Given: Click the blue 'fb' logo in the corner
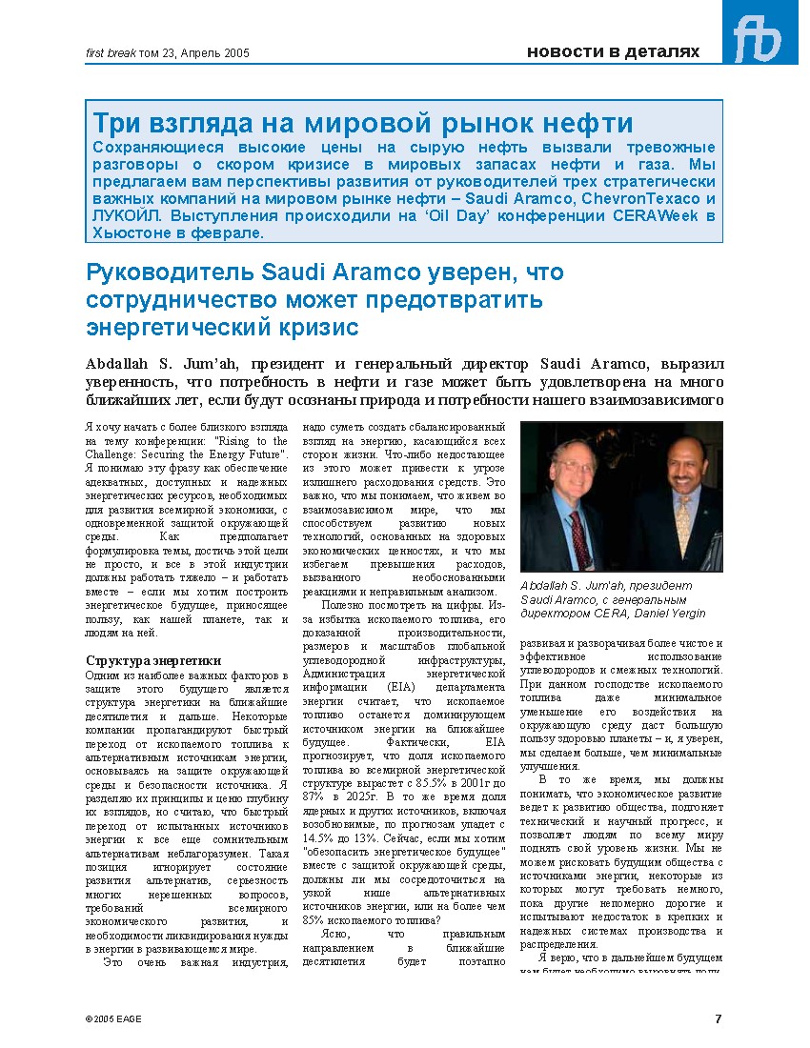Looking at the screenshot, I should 759,34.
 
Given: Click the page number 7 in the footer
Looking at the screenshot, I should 719,1018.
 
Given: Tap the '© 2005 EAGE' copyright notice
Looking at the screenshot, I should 113,1018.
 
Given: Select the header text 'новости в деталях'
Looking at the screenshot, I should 613,52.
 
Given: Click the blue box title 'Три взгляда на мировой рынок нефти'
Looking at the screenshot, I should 363,122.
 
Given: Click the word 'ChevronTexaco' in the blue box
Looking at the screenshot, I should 640,198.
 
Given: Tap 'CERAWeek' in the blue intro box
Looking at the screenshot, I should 658,215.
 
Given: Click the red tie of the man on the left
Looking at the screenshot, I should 578,537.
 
